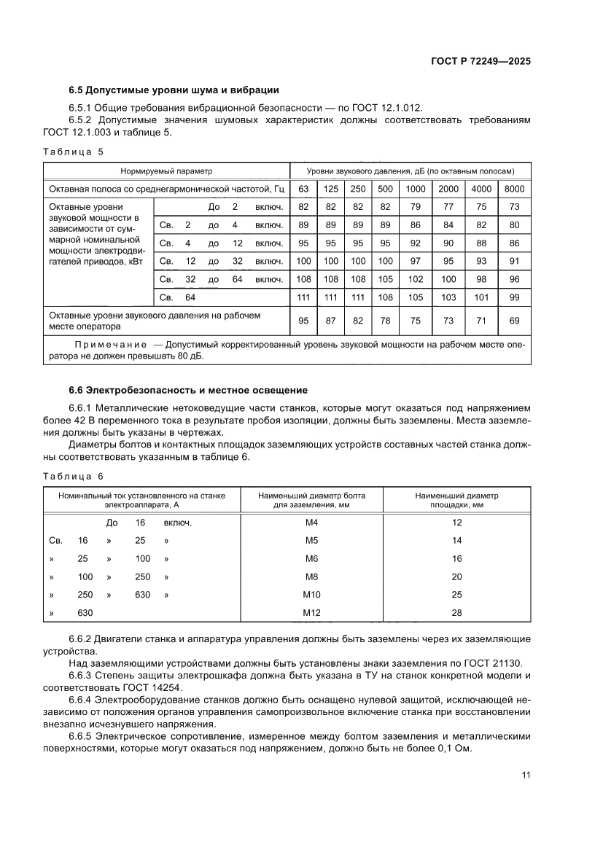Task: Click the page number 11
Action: coord(525,796)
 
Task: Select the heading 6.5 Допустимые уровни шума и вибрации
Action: coord(174,90)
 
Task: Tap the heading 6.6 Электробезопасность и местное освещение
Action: coord(188,389)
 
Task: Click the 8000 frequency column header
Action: coord(515,189)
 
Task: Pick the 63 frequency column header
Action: coord(302,189)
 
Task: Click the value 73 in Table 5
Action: coord(515,207)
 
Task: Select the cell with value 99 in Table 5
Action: coord(515,297)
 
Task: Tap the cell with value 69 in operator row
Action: coord(515,321)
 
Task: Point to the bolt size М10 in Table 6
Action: coord(311,595)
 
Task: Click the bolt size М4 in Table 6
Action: coord(311,523)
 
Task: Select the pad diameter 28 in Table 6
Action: coord(457,613)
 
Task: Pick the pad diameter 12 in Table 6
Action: coord(457,523)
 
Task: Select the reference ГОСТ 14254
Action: coord(155,687)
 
